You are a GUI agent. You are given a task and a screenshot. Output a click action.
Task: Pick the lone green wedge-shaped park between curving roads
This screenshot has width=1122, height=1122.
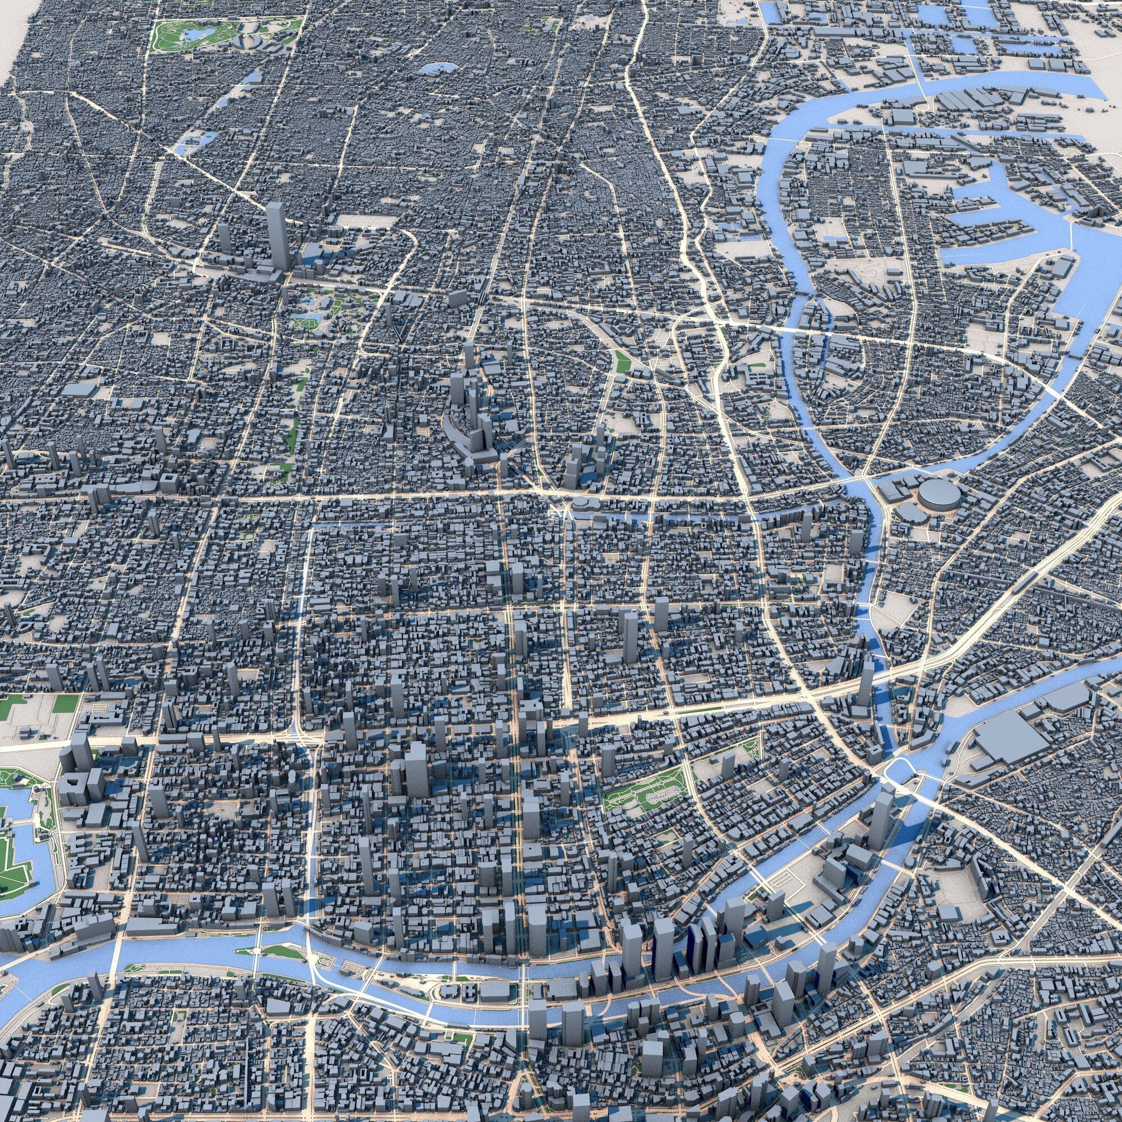[x=623, y=361]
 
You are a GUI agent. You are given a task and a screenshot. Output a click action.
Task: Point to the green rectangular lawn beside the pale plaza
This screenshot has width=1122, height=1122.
[x=66, y=704]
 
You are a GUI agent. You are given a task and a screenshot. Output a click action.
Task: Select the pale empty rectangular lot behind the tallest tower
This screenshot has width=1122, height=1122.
[x=357, y=221]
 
